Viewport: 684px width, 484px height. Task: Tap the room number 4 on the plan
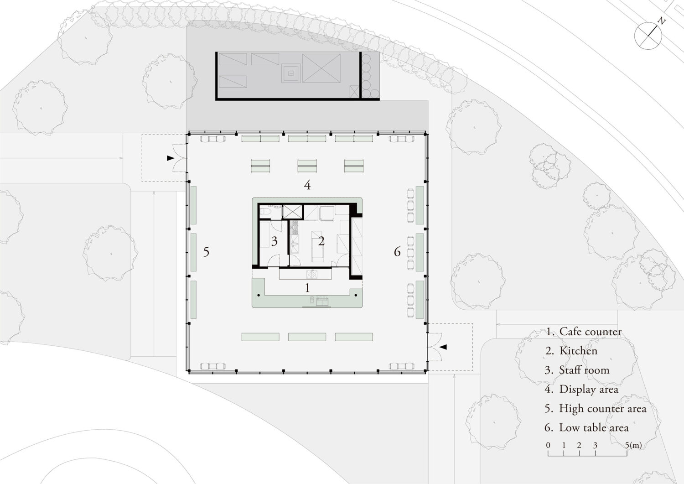tap(307, 185)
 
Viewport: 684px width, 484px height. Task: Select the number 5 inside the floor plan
tap(207, 252)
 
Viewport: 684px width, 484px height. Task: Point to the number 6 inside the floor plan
tap(397, 252)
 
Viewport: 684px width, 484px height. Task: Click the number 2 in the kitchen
tap(321, 241)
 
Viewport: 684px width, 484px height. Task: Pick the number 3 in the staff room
tap(274, 241)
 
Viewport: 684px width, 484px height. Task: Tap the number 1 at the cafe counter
tap(307, 288)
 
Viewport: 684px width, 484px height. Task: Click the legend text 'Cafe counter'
tap(590, 332)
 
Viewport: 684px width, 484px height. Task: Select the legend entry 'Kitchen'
tap(578, 351)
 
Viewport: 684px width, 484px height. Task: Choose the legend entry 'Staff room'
tap(584, 370)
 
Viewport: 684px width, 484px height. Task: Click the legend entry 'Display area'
tap(589, 389)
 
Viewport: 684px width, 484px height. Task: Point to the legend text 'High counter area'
tap(603, 409)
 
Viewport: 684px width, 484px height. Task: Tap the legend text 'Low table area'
tap(594, 427)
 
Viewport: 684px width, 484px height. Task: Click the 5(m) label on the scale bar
tap(634, 445)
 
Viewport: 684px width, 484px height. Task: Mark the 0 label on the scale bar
tap(548, 445)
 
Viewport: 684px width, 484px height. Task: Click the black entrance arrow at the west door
tap(171, 158)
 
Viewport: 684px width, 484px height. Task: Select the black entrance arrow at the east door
tap(443, 347)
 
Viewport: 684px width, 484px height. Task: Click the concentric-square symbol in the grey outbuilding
tap(291, 73)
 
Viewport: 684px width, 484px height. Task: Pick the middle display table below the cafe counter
tap(307, 337)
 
